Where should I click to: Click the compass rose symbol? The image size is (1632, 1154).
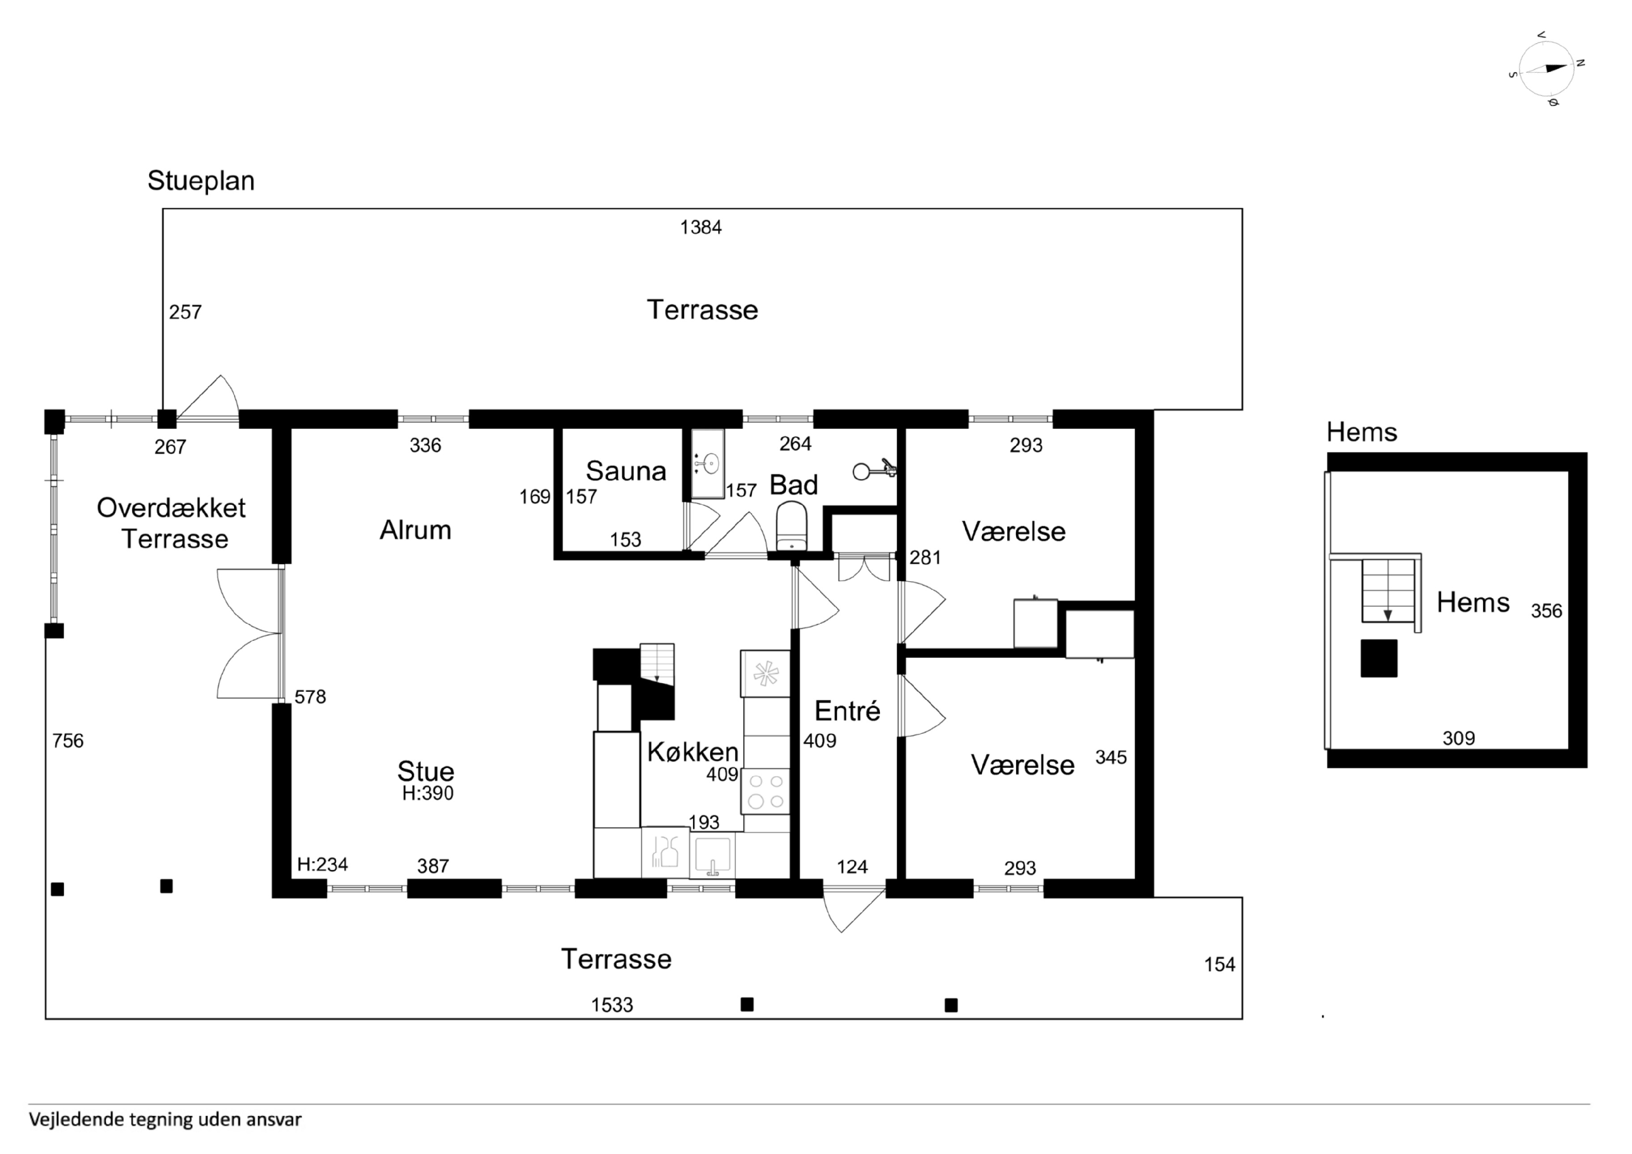(1545, 69)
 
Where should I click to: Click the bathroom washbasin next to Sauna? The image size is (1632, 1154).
(707, 464)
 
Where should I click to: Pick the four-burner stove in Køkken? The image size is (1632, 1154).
(765, 792)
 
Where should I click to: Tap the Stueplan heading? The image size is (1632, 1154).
(201, 181)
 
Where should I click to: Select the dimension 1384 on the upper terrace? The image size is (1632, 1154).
(701, 227)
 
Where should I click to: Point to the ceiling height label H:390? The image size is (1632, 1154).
(427, 793)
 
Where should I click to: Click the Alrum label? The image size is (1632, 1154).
(415, 530)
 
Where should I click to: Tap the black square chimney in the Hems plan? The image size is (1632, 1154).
(1379, 658)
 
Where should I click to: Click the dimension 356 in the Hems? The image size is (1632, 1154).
(1546, 611)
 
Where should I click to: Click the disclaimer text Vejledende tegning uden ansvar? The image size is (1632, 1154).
(165, 1119)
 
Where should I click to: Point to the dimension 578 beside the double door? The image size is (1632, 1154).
(310, 697)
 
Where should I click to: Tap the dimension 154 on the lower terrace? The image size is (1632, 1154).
(1220, 965)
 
